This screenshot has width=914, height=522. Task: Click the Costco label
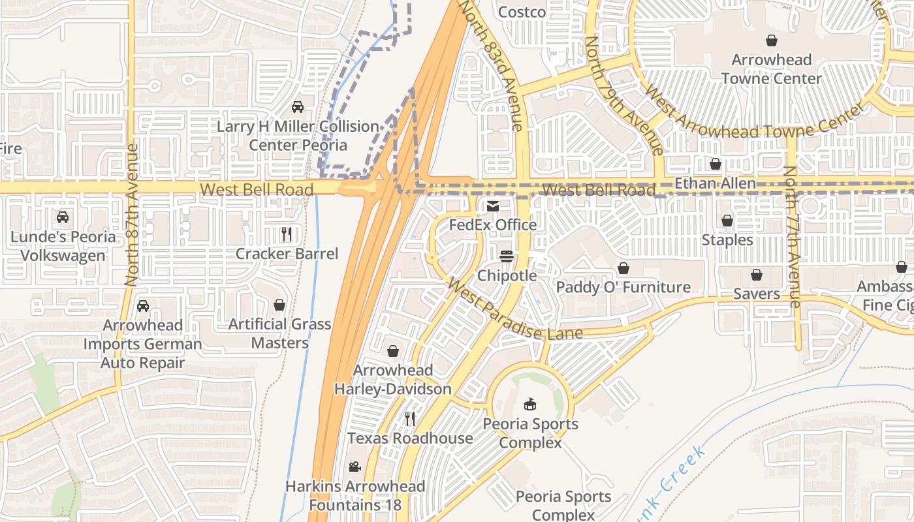[522, 12]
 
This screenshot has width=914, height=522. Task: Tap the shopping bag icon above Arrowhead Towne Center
[771, 41]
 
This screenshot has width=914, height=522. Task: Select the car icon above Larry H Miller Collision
[298, 107]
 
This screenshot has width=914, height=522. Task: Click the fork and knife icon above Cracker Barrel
[286, 234]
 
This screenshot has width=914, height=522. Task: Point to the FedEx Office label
[492, 224]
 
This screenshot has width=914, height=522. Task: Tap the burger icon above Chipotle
[507, 256]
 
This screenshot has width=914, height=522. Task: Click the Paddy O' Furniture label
[623, 287]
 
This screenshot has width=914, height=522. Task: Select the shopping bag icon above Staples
[727, 221]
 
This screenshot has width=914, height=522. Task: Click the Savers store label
[757, 294]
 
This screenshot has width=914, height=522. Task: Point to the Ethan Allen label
[715, 183]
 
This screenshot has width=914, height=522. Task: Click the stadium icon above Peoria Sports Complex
[529, 405]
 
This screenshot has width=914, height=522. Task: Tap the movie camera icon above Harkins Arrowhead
[355, 467]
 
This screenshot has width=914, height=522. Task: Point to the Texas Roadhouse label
[410, 438]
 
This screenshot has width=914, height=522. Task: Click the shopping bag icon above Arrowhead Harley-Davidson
[393, 352]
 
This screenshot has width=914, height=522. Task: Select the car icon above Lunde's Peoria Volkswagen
[63, 217]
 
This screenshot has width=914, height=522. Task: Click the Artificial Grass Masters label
[279, 333]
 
